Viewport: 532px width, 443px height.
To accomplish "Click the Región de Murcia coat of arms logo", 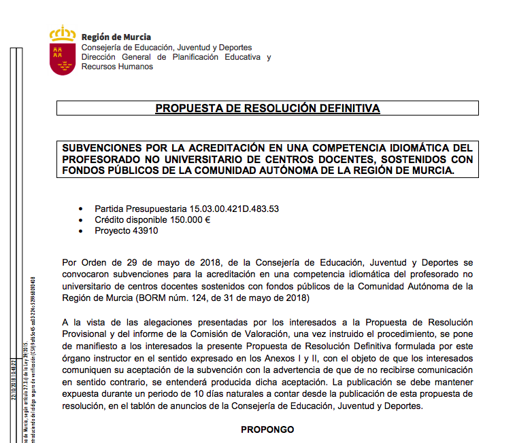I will click(63, 51).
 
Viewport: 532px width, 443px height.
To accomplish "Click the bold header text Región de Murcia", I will click(116, 37).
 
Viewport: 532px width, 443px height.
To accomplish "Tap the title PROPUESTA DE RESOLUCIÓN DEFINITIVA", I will click(267, 108).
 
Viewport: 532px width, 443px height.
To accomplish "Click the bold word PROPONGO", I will click(267, 429).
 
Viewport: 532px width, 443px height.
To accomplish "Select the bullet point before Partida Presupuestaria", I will click(82, 209).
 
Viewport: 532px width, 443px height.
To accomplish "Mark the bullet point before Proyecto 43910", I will click(82, 231).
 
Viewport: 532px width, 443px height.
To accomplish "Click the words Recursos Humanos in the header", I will click(117, 67).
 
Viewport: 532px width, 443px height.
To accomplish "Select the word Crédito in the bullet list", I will click(110, 219).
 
